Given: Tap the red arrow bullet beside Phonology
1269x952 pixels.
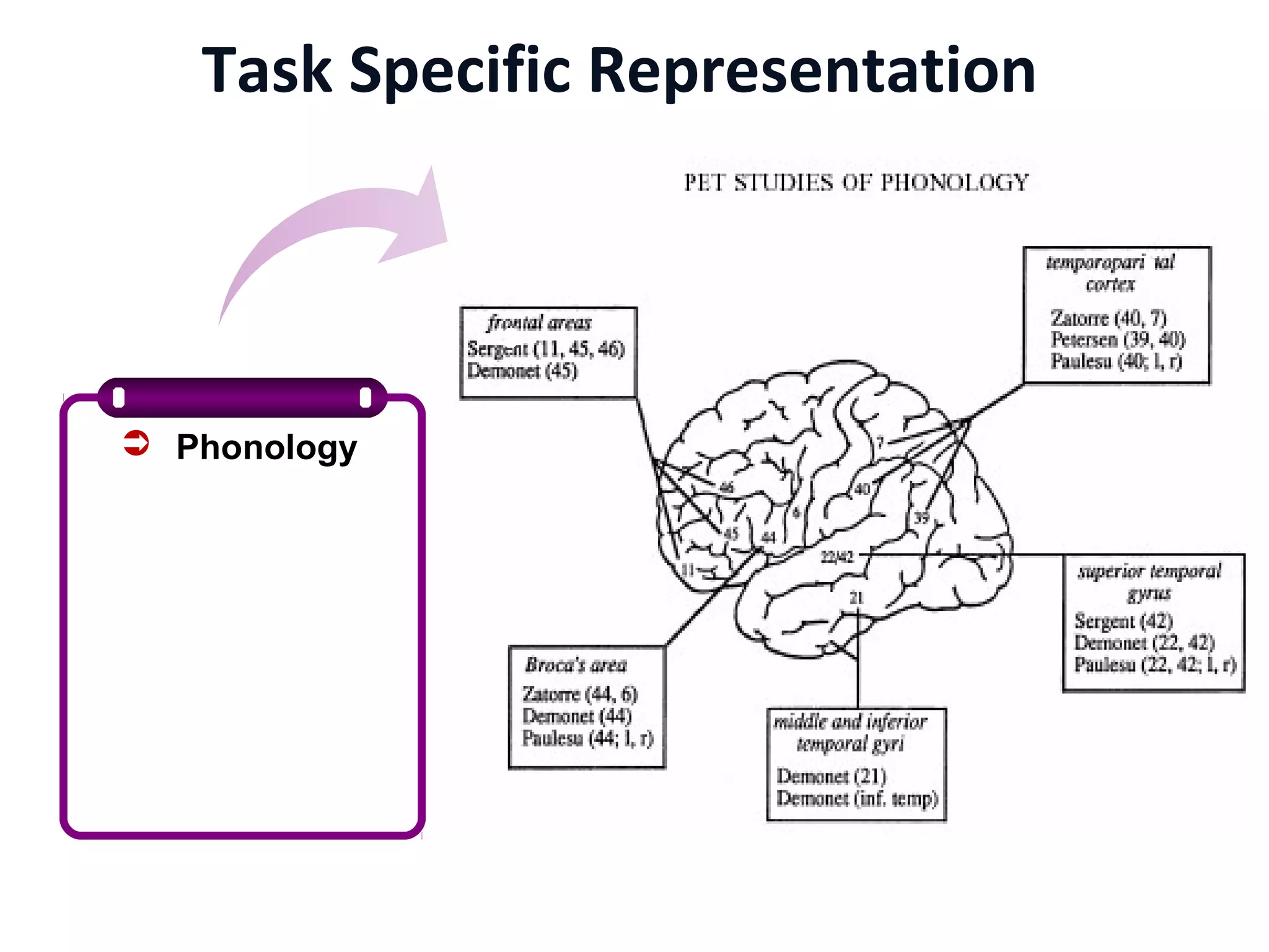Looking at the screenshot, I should pyautogui.click(x=136, y=443).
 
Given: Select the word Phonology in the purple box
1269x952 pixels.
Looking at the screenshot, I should pyautogui.click(x=266, y=447).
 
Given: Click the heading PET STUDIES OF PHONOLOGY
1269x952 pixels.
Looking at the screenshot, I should pyautogui.click(x=856, y=183).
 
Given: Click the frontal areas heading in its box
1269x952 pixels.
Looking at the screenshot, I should pyautogui.click(x=539, y=323).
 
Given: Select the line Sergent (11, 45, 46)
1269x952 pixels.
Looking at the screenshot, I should pyautogui.click(x=546, y=349).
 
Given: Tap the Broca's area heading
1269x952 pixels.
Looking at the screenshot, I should pyautogui.click(x=576, y=665).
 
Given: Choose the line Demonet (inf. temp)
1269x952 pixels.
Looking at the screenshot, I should pyautogui.click(x=857, y=798).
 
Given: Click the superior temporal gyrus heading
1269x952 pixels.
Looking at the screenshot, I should pyautogui.click(x=1149, y=581).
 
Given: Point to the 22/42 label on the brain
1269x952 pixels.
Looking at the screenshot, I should pyautogui.click(x=836, y=557).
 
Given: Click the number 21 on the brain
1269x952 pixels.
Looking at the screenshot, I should pyautogui.click(x=856, y=597).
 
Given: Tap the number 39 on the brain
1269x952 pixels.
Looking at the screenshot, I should pyautogui.click(x=922, y=518).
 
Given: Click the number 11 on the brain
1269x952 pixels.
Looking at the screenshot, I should pyautogui.click(x=688, y=570).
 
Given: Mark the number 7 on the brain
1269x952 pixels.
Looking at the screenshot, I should pyautogui.click(x=880, y=443).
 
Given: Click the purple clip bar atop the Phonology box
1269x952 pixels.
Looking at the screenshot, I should pyautogui.click(x=242, y=397).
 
